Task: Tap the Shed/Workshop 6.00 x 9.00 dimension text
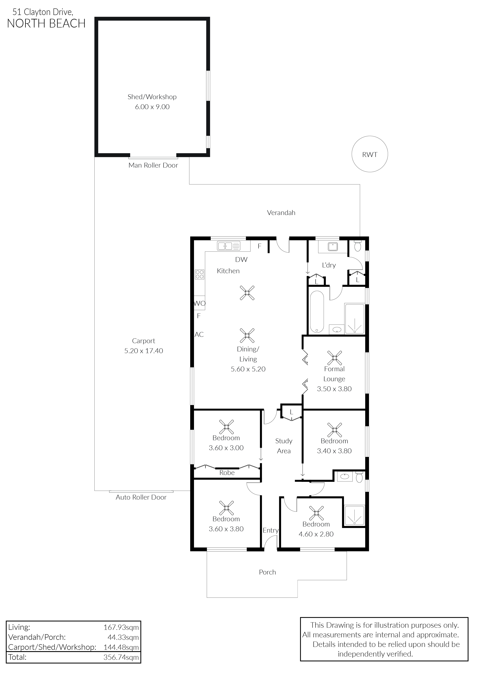pyautogui.click(x=152, y=107)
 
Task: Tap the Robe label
pyautogui.click(x=227, y=473)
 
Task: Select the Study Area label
pyautogui.click(x=284, y=446)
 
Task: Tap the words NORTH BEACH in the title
pyautogui.click(x=46, y=23)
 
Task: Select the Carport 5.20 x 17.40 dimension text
pyautogui.click(x=143, y=351)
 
